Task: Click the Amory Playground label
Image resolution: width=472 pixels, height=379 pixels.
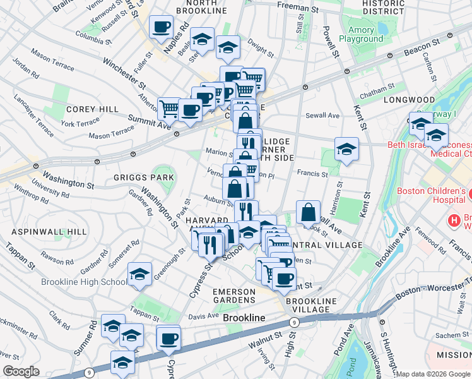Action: point(361,33)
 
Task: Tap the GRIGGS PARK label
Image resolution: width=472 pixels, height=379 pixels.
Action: point(144,177)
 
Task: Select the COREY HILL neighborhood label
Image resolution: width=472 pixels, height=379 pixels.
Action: point(92,109)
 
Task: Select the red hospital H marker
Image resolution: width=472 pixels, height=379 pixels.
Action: point(452,220)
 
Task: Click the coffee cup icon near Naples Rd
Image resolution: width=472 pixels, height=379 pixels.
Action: point(161,27)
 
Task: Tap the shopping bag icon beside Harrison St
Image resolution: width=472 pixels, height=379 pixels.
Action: point(307,213)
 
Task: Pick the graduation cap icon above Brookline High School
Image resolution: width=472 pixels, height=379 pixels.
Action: point(139,275)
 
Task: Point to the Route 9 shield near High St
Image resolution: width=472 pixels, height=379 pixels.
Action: point(293,322)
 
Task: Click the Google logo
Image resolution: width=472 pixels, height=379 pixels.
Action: point(21,371)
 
